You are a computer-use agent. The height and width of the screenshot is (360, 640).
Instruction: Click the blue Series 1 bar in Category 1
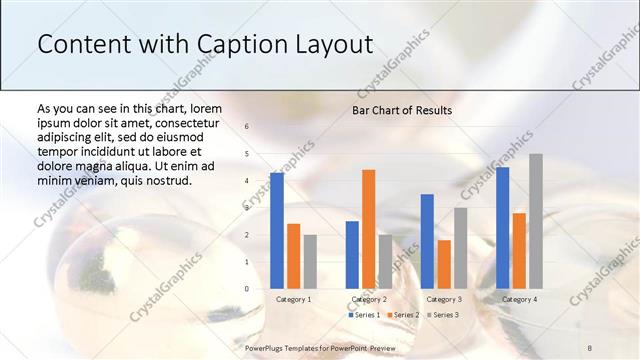[277, 231]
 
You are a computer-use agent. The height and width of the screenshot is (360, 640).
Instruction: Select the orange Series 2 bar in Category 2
[368, 229]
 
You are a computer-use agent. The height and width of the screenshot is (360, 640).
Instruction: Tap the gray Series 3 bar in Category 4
[536, 221]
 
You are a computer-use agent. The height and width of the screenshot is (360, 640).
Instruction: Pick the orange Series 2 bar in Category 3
[444, 264]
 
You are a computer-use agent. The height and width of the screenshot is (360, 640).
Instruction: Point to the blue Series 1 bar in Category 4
[502, 228]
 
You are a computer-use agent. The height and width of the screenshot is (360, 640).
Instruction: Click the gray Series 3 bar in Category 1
[310, 262]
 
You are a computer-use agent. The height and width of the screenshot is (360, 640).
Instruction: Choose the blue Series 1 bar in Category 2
[352, 255]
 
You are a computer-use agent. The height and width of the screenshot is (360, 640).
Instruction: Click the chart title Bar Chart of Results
[402, 110]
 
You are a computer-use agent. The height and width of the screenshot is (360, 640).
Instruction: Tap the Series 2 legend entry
[403, 315]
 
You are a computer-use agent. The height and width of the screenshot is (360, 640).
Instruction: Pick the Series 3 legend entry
[442, 315]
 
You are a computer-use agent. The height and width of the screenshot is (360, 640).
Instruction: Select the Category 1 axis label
[293, 299]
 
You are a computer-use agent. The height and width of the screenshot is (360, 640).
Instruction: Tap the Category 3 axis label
[444, 299]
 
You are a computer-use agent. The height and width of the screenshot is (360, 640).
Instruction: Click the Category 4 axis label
[519, 299]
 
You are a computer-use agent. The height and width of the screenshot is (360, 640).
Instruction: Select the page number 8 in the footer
[590, 347]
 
